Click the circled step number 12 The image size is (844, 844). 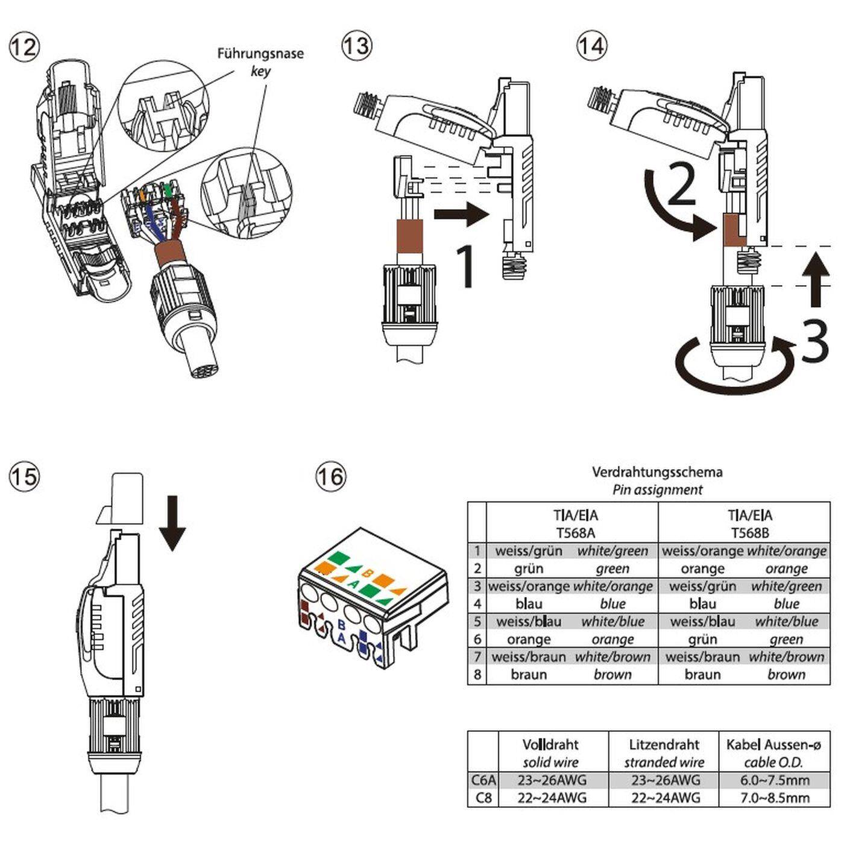24,46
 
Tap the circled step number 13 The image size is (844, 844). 356,46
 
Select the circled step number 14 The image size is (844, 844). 591,46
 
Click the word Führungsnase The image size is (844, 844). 260,54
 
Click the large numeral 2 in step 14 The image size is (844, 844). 682,185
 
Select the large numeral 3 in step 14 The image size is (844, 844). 815,342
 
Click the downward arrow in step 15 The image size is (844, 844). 172,523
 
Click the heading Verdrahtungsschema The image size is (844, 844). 657,472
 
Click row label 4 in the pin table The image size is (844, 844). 477,603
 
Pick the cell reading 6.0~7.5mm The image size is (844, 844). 775,780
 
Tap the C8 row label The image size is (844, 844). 483,798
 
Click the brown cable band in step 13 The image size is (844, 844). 409,236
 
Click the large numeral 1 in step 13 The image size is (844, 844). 465,265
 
